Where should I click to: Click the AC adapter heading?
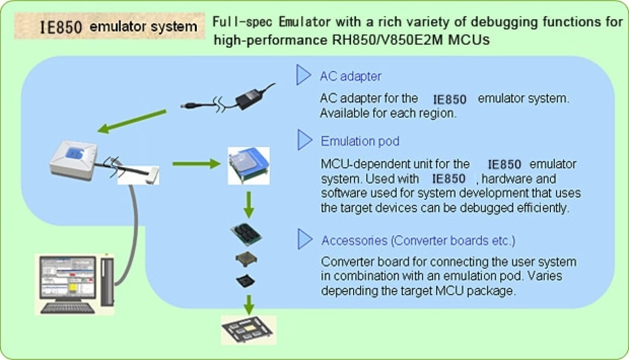(350, 77)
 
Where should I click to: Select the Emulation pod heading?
(360, 141)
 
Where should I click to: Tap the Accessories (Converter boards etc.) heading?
(418, 240)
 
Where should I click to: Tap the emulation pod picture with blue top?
(248, 165)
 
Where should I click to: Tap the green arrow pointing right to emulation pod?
(196, 163)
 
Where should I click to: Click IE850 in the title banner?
(61, 27)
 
